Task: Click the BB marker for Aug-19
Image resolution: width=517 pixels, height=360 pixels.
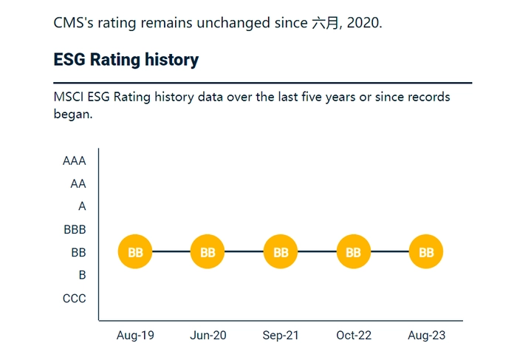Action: tap(135, 251)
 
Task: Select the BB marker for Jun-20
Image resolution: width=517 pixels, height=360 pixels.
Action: tap(208, 251)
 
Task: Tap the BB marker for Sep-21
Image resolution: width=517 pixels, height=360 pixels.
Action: tap(281, 251)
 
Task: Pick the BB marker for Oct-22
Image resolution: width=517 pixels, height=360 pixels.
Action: tap(354, 251)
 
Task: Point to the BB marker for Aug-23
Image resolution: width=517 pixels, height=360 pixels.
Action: tap(426, 251)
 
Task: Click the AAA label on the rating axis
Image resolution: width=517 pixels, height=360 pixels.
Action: tap(74, 160)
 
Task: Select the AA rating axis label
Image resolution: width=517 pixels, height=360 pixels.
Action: tap(78, 183)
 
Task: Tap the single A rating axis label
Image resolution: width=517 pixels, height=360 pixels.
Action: tap(82, 206)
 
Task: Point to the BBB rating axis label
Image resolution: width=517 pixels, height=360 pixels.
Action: tap(75, 229)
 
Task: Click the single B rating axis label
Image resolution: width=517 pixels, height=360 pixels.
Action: tap(83, 275)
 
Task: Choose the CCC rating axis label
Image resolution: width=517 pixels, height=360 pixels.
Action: tap(74, 299)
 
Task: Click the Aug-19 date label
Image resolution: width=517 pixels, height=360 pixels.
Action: tap(135, 336)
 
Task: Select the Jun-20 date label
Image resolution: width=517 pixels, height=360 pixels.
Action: tap(208, 336)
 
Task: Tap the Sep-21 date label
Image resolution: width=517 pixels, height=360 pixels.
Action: tap(281, 336)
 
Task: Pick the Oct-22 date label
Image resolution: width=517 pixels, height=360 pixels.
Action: tap(354, 336)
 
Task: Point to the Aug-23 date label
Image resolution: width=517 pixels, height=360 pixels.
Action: tap(427, 336)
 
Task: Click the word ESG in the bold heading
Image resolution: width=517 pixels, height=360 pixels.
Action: tap(69, 60)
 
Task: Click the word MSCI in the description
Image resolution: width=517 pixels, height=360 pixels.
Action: tap(69, 97)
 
